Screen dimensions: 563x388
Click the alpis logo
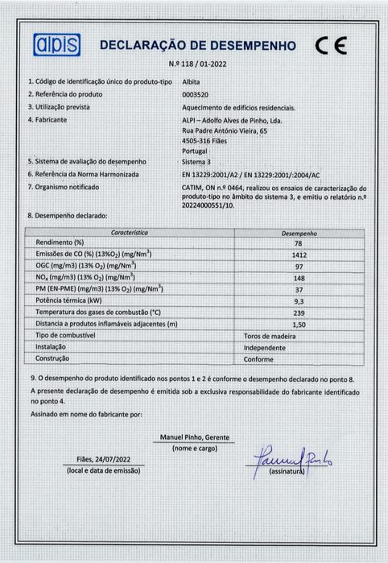click(56, 44)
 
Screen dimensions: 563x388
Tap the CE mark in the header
click(331, 45)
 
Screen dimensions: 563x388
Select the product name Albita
click(192, 81)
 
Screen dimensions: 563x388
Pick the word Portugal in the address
click(196, 151)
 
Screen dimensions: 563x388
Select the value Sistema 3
click(198, 162)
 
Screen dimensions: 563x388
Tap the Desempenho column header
click(299, 233)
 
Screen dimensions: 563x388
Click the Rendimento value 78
click(299, 242)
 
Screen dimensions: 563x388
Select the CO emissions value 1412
click(299, 255)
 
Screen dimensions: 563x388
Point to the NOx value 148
click(299, 277)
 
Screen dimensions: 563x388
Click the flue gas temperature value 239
click(299, 312)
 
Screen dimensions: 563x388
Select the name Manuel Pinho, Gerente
click(195, 437)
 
